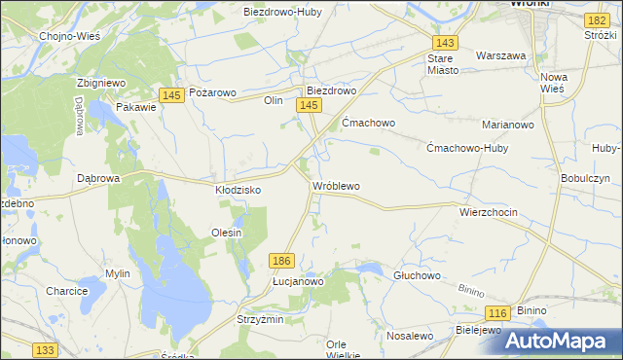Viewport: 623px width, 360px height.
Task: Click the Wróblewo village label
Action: pyautogui.click(x=336, y=185)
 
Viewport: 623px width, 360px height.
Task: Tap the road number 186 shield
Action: pyautogui.click(x=282, y=260)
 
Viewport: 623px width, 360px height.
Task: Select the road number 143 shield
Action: pyautogui.click(x=446, y=44)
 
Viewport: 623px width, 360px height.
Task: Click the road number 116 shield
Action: pyautogui.click(x=497, y=312)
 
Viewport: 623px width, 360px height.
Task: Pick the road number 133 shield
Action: pyautogui.click(x=44, y=349)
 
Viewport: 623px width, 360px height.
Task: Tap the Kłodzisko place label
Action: pyautogui.click(x=238, y=191)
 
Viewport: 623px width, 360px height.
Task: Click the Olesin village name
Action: pyautogui.click(x=226, y=233)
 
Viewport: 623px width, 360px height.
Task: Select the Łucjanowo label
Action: pyautogui.click(x=298, y=280)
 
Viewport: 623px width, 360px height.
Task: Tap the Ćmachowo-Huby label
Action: pyautogui.click(x=468, y=148)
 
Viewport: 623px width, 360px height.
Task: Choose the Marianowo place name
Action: pyautogui.click(x=509, y=125)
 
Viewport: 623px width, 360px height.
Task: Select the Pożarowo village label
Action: pyautogui.click(x=212, y=92)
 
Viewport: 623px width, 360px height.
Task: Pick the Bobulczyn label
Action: pyautogui.click(x=585, y=179)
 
